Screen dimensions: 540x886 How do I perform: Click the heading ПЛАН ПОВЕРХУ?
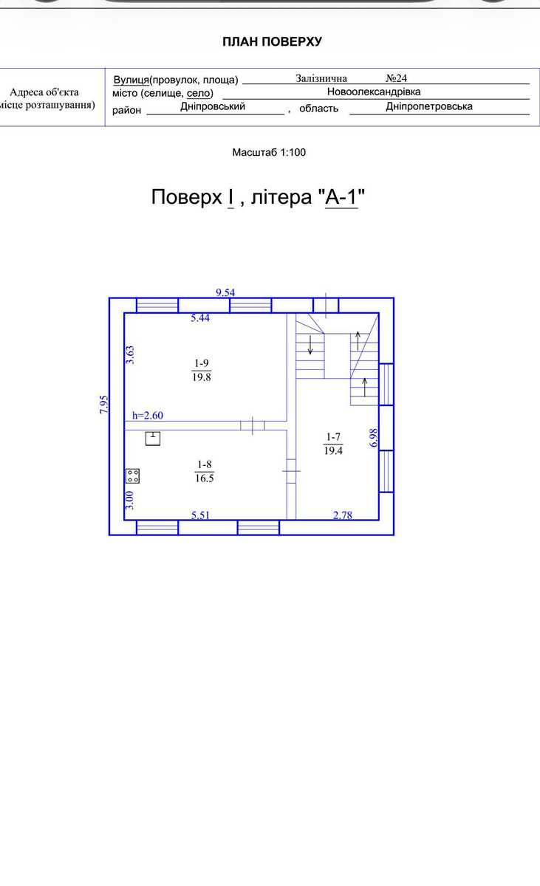(272, 41)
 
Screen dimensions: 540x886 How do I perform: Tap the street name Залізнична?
(321, 78)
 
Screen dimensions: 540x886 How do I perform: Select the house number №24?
(397, 78)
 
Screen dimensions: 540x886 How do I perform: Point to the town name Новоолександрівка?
(374, 92)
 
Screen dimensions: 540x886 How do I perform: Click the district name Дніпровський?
(213, 106)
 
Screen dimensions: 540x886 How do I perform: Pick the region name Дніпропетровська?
(429, 106)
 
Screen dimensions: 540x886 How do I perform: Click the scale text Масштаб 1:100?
(269, 152)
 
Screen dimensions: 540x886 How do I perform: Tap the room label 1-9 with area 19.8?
(202, 370)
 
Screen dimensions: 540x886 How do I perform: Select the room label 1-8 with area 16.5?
(204, 471)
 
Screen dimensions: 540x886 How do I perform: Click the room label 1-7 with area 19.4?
(333, 444)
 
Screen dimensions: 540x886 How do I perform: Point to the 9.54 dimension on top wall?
(225, 292)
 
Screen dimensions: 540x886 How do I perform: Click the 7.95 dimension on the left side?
(103, 405)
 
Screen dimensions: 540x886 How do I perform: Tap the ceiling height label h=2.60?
(148, 415)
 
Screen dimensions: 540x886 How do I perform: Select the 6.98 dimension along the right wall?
(374, 438)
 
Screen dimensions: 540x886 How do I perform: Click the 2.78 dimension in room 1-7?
(343, 515)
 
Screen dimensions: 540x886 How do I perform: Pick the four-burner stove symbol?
(132, 475)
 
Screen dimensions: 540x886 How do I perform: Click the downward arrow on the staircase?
(310, 345)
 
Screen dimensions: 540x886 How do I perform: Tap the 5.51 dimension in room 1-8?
(200, 515)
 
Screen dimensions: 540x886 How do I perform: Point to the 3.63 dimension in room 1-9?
(130, 355)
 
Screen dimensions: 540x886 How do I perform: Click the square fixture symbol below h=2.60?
(153, 439)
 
